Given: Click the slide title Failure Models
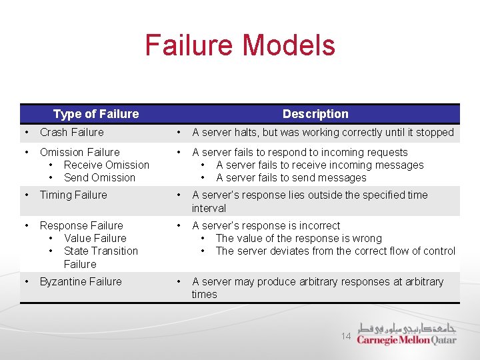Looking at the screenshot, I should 240,45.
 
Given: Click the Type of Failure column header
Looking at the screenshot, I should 96,114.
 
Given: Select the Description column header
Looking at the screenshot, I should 315,114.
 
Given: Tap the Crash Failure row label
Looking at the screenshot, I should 71,132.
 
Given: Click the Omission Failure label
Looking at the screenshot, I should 79,152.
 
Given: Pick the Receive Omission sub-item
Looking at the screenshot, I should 106,165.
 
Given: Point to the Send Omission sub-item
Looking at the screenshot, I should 99,177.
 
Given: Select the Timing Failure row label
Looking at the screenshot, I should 73,195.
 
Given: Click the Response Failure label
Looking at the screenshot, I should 81,225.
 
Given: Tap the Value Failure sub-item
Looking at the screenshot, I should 95,238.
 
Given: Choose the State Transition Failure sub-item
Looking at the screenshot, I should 100,257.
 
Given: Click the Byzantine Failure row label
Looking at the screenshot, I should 81,281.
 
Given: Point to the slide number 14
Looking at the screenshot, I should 346,337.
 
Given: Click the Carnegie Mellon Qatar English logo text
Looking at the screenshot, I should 406,340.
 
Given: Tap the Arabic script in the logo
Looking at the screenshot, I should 407,329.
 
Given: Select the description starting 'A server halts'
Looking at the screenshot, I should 323,132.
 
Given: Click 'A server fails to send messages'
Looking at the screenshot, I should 291,177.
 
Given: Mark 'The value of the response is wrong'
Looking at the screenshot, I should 299,238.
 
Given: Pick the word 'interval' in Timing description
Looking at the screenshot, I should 209,208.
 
